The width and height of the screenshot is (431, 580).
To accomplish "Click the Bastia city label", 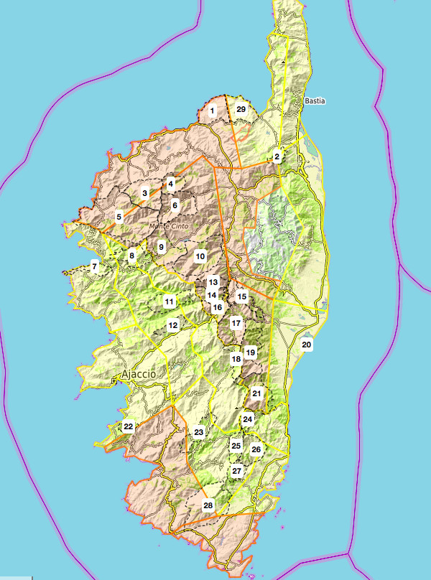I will [x=315, y=101].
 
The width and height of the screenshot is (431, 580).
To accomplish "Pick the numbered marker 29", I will [x=241, y=109].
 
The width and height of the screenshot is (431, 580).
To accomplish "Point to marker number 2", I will [x=277, y=156].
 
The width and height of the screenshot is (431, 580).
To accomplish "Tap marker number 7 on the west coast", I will [x=94, y=267].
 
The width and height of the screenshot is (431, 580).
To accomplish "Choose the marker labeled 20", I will [x=307, y=345].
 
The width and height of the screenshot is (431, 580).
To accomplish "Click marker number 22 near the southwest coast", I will [x=128, y=426].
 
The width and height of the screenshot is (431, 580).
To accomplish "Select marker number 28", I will [x=208, y=505].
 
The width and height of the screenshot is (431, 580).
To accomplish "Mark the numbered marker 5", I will [x=119, y=216].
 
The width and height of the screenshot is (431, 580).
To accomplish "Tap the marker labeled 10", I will [x=200, y=256].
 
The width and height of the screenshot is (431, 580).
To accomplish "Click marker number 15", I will [x=243, y=296].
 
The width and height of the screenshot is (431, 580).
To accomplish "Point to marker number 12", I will [x=172, y=325].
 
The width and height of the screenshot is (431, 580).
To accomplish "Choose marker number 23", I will [x=199, y=431].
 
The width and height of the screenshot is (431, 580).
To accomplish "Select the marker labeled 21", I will [x=256, y=393].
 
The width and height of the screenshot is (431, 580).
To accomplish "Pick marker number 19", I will [x=250, y=352].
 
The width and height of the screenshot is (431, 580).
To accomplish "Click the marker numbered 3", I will [x=145, y=193].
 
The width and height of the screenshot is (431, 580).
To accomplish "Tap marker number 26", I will [x=256, y=449].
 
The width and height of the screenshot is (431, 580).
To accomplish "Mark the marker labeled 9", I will [x=162, y=248].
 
